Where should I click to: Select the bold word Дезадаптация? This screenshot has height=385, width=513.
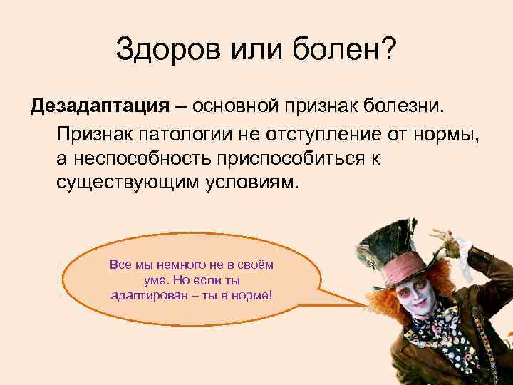pos(99,106)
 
